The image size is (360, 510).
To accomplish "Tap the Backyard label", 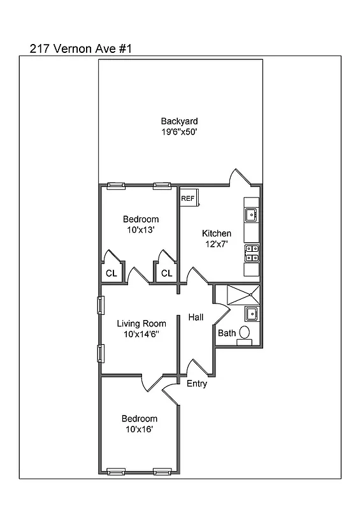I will tap(179, 121).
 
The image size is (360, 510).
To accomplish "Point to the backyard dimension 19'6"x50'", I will tap(179, 132).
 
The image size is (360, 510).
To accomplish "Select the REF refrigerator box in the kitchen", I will tap(189, 198).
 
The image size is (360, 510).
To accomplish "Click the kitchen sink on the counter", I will tap(252, 215).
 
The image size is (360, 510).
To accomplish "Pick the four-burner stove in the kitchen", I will tap(252, 253).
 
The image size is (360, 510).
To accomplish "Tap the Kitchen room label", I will tap(216, 233).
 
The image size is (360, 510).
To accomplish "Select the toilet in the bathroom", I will tap(244, 332).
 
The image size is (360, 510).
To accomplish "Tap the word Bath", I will tap(226, 333).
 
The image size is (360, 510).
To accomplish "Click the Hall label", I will tap(196, 317).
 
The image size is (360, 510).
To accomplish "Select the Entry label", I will tap(196, 384).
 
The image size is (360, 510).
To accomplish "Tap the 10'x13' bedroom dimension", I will tap(140, 230).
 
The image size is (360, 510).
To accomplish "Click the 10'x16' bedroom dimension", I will tap(140, 429).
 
